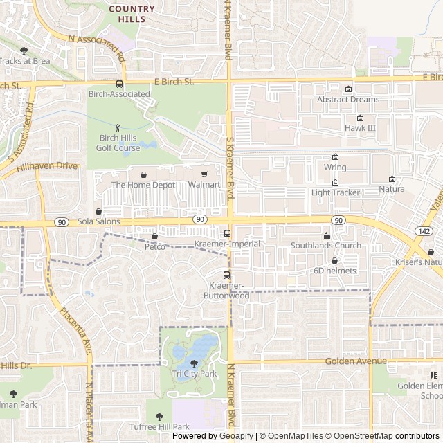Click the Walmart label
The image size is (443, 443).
point(204,185)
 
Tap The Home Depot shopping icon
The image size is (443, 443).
point(143,174)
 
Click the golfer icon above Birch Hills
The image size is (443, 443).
point(118,127)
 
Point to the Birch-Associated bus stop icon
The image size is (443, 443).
point(119,84)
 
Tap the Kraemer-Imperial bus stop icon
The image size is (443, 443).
point(227,234)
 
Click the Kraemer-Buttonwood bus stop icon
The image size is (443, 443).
point(226,275)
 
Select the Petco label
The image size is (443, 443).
point(154,246)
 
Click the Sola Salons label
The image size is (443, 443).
point(99,221)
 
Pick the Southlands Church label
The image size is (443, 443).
point(325,246)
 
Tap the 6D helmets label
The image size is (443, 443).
point(335,271)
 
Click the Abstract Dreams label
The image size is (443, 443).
point(348,99)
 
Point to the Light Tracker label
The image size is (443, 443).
point(336,192)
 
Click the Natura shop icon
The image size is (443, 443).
point(392,179)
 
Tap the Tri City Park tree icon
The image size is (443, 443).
point(194,363)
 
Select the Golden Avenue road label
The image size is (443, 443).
point(354,361)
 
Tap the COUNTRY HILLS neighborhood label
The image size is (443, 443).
point(132,14)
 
